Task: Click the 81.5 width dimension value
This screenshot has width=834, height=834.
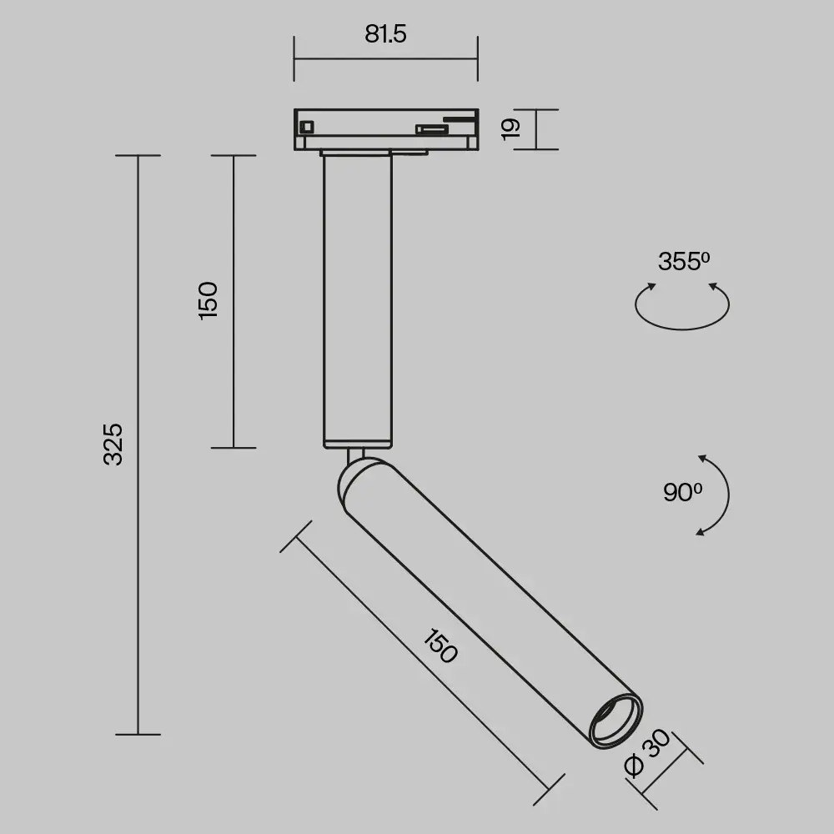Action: point(385,33)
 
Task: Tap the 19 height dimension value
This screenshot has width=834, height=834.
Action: point(511,129)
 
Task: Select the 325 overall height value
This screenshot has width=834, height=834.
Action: point(113,445)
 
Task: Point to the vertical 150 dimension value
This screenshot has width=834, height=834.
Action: point(208,300)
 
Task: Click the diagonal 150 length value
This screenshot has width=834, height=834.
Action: point(440,646)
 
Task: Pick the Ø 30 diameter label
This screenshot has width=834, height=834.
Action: point(647,752)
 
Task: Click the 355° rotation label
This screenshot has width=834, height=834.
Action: point(684,261)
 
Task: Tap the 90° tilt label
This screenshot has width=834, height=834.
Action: point(682,492)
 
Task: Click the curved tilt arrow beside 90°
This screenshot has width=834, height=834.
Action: point(728,495)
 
